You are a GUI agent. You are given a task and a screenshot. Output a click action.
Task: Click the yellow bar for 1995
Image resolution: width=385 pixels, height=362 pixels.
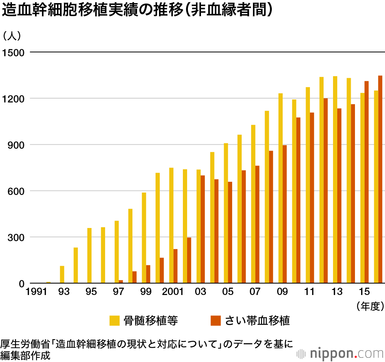(89, 256)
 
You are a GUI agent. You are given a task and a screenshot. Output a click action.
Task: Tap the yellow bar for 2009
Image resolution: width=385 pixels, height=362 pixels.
(280, 188)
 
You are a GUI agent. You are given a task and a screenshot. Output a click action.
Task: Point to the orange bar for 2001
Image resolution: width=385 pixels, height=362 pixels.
(176, 266)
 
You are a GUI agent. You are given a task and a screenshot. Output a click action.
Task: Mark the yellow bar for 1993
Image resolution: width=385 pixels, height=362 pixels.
(62, 275)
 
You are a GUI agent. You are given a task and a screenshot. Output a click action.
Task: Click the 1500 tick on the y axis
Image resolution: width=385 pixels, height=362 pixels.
(13, 52)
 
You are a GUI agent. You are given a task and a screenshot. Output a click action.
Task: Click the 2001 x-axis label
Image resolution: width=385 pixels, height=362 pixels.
(172, 292)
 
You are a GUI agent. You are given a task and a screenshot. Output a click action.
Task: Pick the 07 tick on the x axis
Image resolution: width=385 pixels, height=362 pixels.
(255, 292)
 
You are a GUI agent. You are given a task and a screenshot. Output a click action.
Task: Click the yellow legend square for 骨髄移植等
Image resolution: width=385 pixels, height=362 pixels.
(114, 320)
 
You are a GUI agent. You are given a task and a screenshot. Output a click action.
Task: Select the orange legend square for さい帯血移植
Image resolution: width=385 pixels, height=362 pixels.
(216, 320)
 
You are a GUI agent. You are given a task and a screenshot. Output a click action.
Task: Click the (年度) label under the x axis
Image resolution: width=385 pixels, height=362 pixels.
(370, 306)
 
